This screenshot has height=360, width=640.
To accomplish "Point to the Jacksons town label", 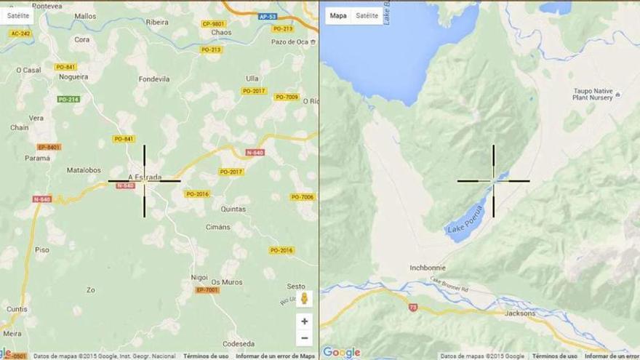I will (520, 313).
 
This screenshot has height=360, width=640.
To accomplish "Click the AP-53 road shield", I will (268, 16).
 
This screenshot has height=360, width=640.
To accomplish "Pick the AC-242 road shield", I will (20, 33).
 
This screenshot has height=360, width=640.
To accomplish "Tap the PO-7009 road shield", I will (287, 97).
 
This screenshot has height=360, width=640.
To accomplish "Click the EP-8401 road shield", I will (49, 147).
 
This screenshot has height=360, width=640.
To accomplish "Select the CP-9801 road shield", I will (213, 23).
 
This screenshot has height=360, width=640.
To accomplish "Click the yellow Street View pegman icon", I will (304, 298).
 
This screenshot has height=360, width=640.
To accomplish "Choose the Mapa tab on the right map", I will (338, 15).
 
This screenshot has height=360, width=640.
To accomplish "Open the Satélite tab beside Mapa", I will (367, 15).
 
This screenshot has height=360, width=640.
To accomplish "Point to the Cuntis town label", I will (17, 309).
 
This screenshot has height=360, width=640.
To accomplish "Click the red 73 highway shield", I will (413, 307).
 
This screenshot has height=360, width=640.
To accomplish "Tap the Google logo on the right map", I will (342, 352).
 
